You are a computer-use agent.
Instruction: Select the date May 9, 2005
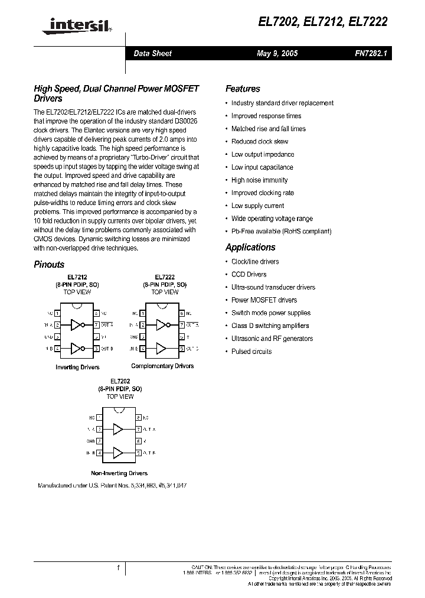point(277,53)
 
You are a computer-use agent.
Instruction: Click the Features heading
point(243,89)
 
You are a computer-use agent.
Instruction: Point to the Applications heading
point(250,247)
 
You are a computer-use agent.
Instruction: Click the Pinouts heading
point(49,265)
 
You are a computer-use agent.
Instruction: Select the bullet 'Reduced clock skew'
point(260,142)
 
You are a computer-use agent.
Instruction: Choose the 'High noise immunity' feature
point(259,180)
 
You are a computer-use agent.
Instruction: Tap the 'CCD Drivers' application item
point(249,274)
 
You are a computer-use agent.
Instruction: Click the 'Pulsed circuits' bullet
point(251,352)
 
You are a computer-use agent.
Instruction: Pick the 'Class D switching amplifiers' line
point(270,326)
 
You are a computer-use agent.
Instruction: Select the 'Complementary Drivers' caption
point(162,366)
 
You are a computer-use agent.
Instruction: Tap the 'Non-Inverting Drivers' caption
point(119,473)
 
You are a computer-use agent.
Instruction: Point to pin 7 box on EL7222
point(182,324)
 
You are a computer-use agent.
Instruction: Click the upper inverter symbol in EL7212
point(77,324)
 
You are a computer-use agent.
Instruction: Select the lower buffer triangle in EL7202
point(119,453)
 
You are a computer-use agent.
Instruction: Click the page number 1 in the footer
point(119,568)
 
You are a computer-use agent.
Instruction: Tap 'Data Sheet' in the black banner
point(152,53)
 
